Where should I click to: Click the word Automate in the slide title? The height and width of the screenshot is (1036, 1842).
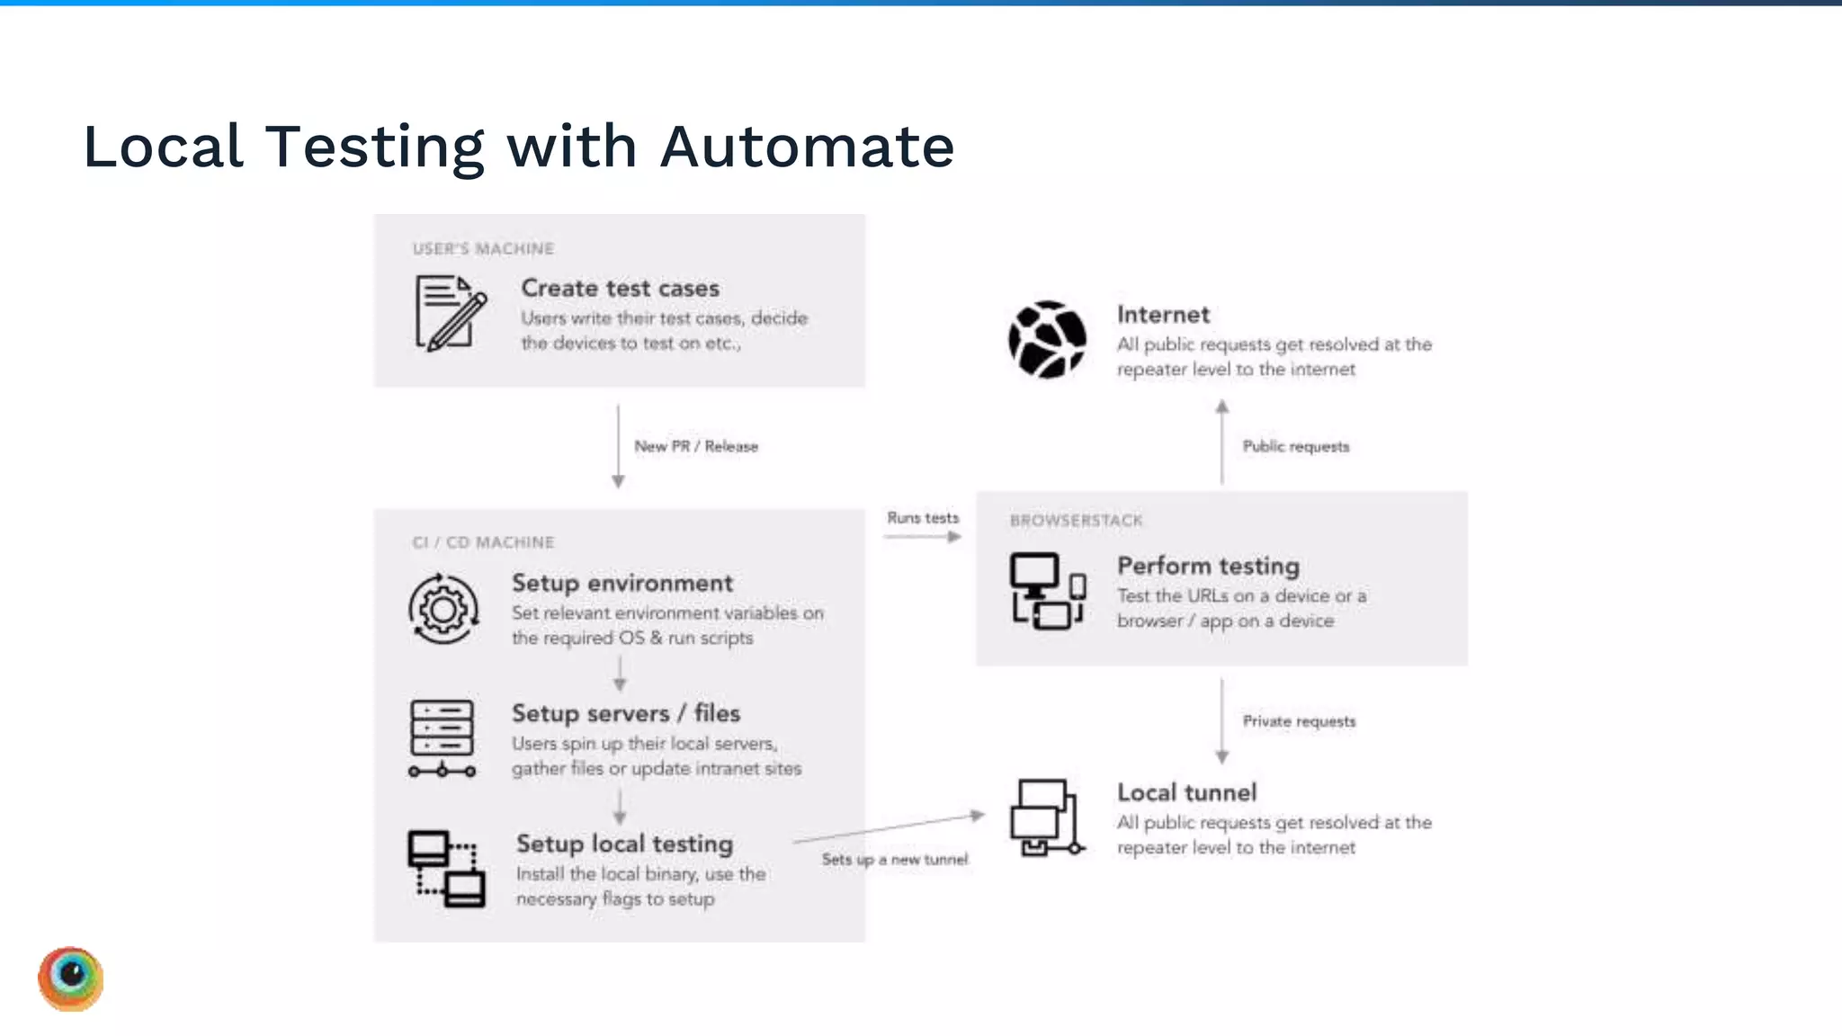[x=807, y=147]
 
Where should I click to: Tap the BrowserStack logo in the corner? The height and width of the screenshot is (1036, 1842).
[x=71, y=978]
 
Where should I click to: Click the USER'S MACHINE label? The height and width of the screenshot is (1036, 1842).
[x=483, y=249]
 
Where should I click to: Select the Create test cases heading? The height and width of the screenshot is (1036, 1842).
[x=620, y=289]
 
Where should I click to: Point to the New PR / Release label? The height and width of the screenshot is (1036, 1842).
[x=695, y=447]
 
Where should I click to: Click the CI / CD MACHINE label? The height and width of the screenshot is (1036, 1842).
[x=483, y=542]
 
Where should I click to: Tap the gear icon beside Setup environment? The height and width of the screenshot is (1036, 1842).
[x=443, y=610]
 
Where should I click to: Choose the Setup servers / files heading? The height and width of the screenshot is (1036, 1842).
[x=625, y=713]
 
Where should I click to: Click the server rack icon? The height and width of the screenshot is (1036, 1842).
[x=442, y=738]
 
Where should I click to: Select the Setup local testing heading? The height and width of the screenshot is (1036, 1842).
[x=624, y=844]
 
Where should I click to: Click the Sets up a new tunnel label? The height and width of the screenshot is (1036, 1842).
[x=894, y=860]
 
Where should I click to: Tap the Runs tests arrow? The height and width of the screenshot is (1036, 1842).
[x=923, y=537]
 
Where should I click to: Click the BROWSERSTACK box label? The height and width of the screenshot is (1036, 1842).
[x=1075, y=521]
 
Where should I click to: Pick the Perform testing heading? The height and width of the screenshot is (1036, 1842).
[x=1207, y=566]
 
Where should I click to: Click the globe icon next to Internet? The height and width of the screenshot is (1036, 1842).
[x=1046, y=339]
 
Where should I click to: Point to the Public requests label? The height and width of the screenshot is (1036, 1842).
[x=1295, y=447]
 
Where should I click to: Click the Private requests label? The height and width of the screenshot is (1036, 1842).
[x=1298, y=721]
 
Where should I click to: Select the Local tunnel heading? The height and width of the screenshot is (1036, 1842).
[x=1186, y=792]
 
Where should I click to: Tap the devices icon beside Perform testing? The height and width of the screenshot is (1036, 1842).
[x=1047, y=591]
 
